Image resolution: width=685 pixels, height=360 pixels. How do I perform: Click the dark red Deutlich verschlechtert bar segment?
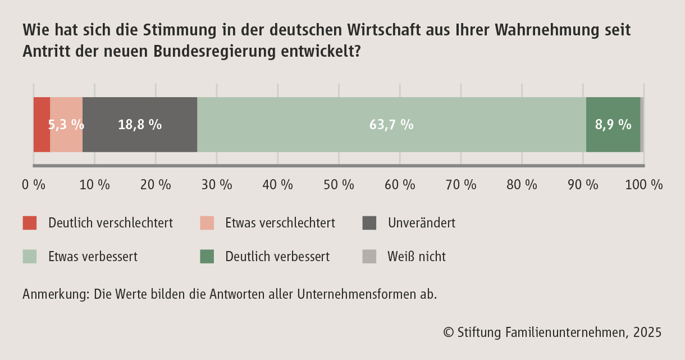click(42, 125)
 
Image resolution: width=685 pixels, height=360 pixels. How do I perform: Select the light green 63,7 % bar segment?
click(391, 125)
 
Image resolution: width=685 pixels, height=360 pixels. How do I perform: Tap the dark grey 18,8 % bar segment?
click(140, 125)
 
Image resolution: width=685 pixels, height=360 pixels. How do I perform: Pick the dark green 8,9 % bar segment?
click(613, 125)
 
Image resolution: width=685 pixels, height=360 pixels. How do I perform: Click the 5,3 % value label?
click(66, 125)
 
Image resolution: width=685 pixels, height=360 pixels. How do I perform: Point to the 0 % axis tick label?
click(34, 185)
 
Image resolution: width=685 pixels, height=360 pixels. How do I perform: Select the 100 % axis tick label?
click(644, 185)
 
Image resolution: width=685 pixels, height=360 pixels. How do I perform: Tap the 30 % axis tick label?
click(217, 185)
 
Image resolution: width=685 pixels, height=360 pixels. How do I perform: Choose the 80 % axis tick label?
click(522, 185)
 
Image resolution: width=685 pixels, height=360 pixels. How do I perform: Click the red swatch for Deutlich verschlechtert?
click(30, 223)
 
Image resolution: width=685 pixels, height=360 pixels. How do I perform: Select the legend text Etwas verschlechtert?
click(280, 223)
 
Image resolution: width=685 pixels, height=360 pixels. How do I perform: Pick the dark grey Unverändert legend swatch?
click(369, 223)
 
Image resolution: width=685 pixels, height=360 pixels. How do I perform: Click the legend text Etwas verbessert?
click(93, 257)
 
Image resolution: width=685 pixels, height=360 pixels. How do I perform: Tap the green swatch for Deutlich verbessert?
click(207, 257)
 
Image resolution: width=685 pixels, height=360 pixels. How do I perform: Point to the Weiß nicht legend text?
click(417, 257)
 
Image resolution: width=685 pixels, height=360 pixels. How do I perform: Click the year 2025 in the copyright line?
click(647, 332)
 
